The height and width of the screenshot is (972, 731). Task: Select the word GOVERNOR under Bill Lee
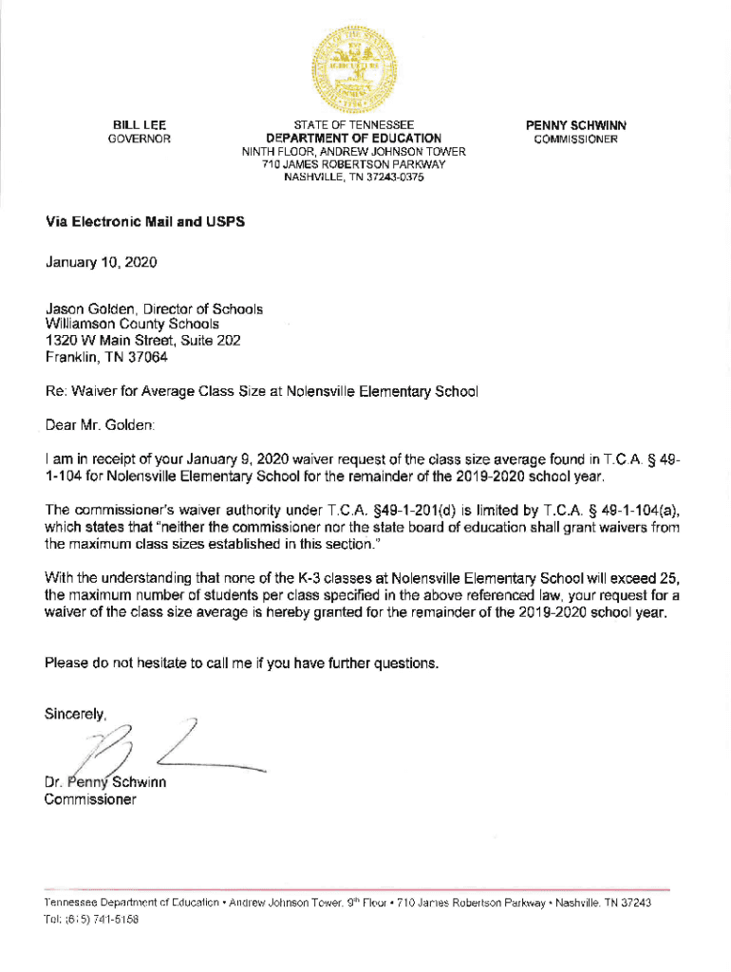(141, 139)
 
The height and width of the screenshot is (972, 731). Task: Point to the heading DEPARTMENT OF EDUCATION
(353, 139)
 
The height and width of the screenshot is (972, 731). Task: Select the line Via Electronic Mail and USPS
(144, 221)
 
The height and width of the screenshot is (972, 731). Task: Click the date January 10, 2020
(102, 261)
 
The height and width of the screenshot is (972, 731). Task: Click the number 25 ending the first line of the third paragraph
(671, 578)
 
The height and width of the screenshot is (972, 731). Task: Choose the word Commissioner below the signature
(90, 799)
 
